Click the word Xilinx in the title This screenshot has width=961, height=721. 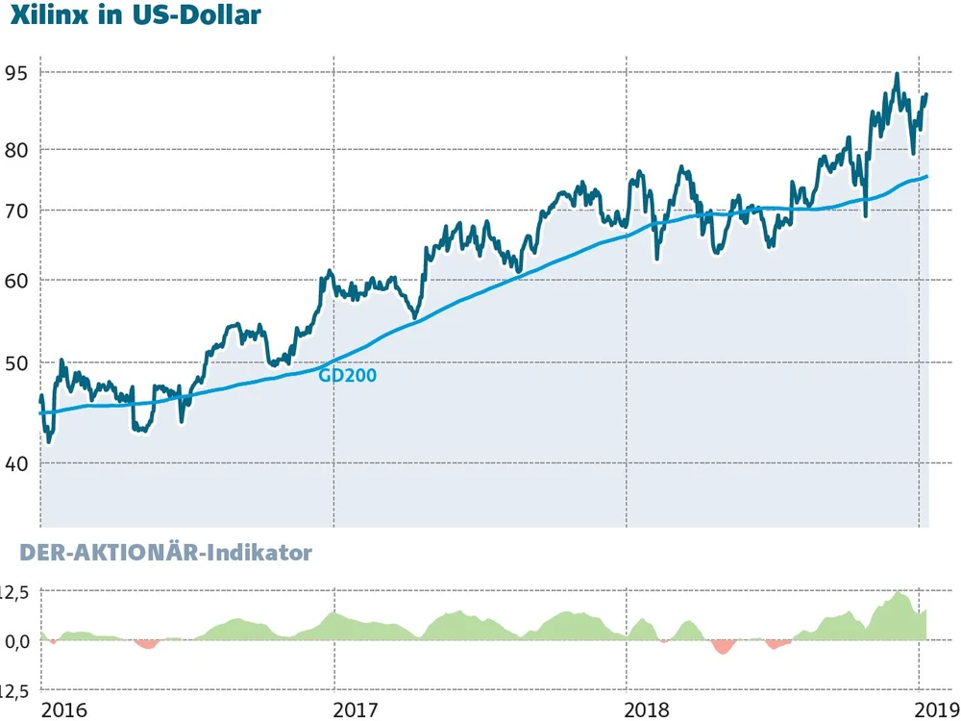coord(47,16)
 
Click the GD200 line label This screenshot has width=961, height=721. coord(347,376)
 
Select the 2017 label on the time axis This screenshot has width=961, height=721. coord(355,709)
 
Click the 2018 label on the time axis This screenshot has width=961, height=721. coord(648,709)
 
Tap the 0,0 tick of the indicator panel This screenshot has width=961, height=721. coord(16,641)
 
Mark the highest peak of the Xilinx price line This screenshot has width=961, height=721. coord(897,74)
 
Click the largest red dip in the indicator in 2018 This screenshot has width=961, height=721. coord(723,648)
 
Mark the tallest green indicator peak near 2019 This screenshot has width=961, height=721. coord(899,593)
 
